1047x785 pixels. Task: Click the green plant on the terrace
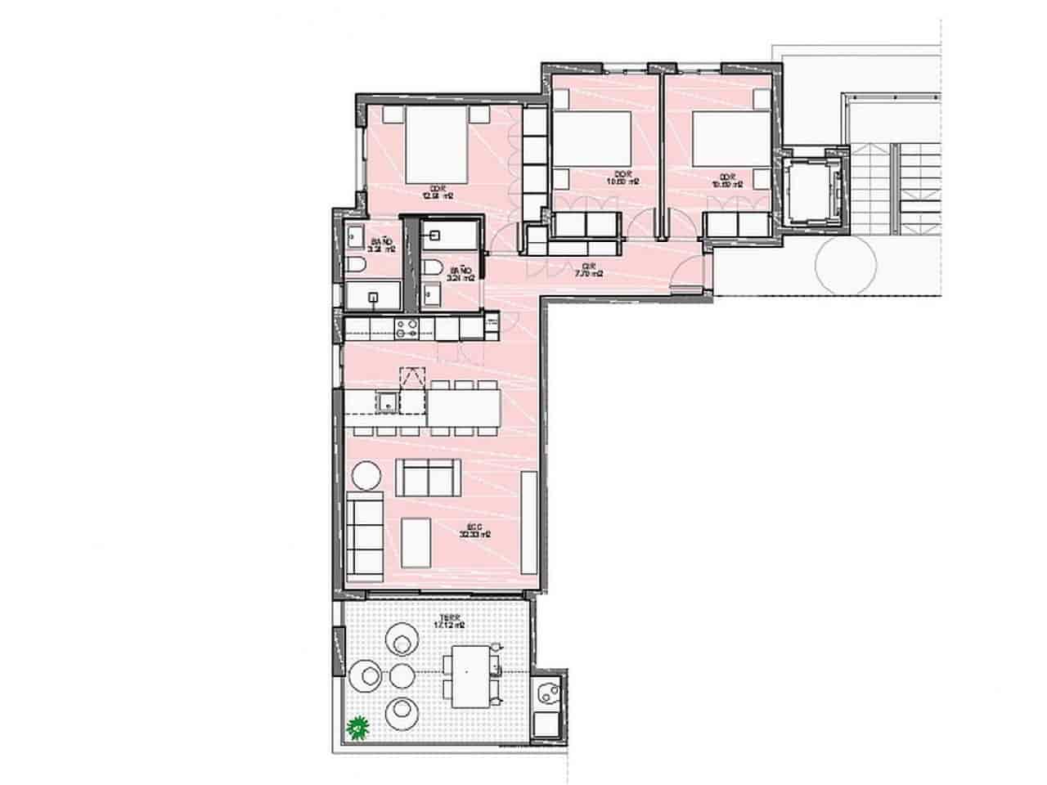tap(357, 725)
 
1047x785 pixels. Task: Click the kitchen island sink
tap(386, 401)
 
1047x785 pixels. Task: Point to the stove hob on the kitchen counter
tap(407, 329)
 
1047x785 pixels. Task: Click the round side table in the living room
tap(366, 476)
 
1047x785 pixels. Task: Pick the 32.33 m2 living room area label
tap(474, 531)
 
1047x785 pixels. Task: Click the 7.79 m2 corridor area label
tap(587, 269)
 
